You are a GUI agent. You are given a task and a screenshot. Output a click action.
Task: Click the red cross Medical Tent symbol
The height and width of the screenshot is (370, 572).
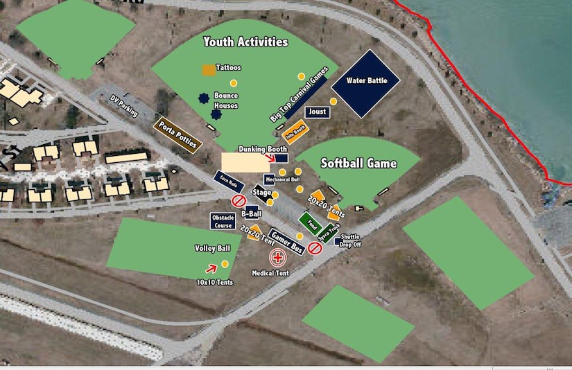pyautogui.click(x=278, y=258)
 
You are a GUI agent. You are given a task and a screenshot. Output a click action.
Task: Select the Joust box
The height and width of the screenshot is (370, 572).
pyautogui.click(x=317, y=112)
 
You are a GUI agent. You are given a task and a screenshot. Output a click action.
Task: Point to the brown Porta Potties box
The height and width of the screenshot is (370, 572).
pyautogui.click(x=176, y=134)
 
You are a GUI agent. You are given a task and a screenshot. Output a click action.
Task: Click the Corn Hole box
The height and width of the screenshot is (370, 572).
pyautogui.click(x=227, y=181)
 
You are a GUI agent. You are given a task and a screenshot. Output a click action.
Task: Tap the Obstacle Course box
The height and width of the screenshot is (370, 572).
pyautogui.click(x=223, y=221)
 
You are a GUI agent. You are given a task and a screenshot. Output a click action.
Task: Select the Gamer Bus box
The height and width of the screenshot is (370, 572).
pyautogui.click(x=286, y=241)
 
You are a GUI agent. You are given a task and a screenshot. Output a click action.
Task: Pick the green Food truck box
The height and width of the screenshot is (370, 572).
pyautogui.click(x=310, y=224)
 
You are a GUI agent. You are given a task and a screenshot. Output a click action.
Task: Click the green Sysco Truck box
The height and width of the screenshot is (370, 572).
pyautogui.click(x=328, y=231)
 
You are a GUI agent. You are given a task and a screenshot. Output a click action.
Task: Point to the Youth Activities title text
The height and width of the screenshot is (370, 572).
pyautogui.click(x=245, y=42)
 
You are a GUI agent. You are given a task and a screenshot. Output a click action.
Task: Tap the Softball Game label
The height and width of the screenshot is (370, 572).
pyautogui.click(x=358, y=164)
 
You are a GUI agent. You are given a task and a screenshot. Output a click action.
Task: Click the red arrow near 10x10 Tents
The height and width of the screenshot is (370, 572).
pyautogui.click(x=210, y=267)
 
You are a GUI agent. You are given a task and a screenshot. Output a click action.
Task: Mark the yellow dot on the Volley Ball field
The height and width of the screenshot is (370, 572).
pyautogui.click(x=225, y=263)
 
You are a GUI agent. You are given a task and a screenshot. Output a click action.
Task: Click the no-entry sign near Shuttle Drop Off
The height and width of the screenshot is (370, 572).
pyautogui.click(x=315, y=247)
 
